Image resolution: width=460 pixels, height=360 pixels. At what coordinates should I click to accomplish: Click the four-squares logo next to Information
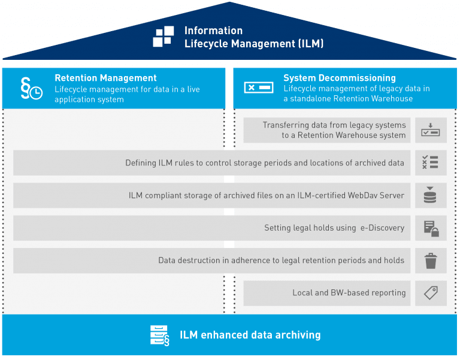[x=164, y=37]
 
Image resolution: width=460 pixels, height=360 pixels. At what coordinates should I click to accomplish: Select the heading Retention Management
[x=105, y=78]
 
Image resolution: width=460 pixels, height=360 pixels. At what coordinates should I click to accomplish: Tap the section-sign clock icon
[x=31, y=88]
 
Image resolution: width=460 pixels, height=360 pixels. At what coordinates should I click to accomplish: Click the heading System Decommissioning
[x=339, y=78]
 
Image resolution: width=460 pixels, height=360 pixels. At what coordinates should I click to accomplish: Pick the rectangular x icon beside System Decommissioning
[x=259, y=88]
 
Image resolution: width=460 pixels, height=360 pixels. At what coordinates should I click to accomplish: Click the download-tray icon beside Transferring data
[x=431, y=130]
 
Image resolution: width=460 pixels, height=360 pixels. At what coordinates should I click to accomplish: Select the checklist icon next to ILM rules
[x=431, y=162]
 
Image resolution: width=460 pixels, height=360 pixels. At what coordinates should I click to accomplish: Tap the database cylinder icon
[x=431, y=195]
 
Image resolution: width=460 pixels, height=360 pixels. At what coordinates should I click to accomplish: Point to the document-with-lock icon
[x=431, y=228]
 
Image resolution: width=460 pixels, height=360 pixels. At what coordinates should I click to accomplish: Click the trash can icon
[x=431, y=261]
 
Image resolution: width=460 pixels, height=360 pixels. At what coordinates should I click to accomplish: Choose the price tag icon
[x=431, y=293]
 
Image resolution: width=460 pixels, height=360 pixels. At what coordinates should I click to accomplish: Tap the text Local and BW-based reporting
[x=349, y=293]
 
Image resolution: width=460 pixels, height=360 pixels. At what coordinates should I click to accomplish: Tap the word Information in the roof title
[x=213, y=31]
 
